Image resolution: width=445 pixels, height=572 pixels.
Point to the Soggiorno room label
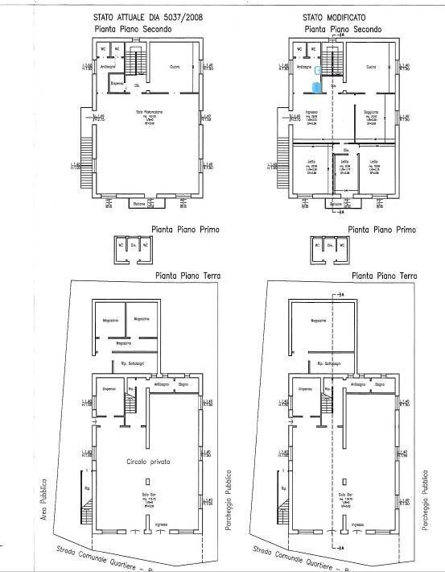pyautogui.click(x=372, y=112)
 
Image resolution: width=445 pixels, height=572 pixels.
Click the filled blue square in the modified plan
pyautogui.click(x=319, y=83)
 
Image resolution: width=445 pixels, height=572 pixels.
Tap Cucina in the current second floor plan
pyautogui.click(x=175, y=68)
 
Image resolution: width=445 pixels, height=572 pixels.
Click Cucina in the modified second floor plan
pyautogui.click(x=372, y=68)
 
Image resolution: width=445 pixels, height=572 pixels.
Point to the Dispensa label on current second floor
pyautogui.click(x=117, y=84)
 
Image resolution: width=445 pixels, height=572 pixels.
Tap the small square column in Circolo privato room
pyautogui.click(x=146, y=480)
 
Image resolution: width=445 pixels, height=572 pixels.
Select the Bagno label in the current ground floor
pyautogui.click(x=183, y=384)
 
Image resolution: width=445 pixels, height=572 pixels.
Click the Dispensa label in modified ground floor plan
pyautogui.click(x=305, y=390)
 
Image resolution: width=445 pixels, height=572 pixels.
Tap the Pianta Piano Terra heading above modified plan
pyautogui.click(x=384, y=276)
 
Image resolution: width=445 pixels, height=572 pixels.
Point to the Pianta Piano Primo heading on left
pyautogui.click(x=187, y=230)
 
